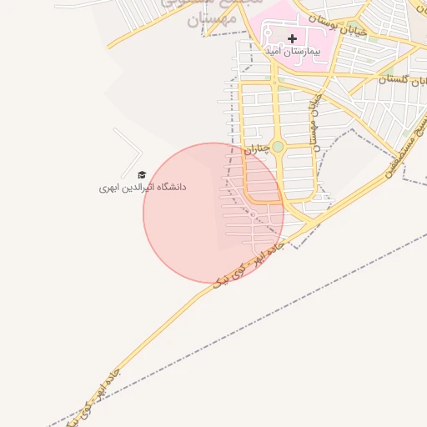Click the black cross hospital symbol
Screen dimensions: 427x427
292,38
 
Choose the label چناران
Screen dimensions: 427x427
256,149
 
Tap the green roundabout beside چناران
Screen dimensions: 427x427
278,147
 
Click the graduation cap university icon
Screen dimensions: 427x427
141,175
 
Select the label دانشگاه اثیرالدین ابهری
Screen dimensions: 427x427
143,188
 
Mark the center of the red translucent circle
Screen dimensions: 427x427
213,213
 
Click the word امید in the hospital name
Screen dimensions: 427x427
270,52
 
